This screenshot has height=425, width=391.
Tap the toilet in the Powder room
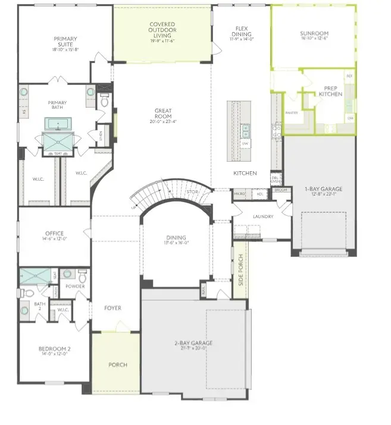point(82,276)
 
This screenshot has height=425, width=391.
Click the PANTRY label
point(292,112)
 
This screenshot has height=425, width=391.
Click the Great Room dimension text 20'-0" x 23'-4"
point(163,122)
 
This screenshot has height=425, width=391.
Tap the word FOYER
point(112,308)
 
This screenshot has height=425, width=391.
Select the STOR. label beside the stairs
point(192,192)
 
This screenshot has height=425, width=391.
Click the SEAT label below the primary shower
point(58,153)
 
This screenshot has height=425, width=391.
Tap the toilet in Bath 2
point(25,310)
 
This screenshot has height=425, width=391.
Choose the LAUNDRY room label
point(262,216)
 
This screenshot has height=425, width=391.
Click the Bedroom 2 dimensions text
point(55,354)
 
